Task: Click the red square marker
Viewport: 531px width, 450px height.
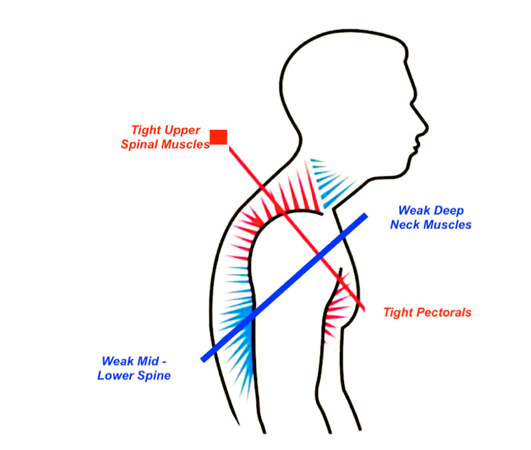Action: (x=219, y=137)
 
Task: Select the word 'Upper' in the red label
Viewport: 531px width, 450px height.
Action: (x=183, y=129)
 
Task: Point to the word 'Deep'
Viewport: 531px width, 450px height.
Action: (x=448, y=210)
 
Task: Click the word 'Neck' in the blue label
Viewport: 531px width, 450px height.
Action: (x=405, y=225)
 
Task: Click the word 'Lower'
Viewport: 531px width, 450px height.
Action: (x=117, y=376)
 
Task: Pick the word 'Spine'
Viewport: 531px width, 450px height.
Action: (x=155, y=376)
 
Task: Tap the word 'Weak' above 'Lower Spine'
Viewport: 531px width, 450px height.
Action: (x=116, y=361)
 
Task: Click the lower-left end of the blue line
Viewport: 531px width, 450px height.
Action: (x=204, y=359)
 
